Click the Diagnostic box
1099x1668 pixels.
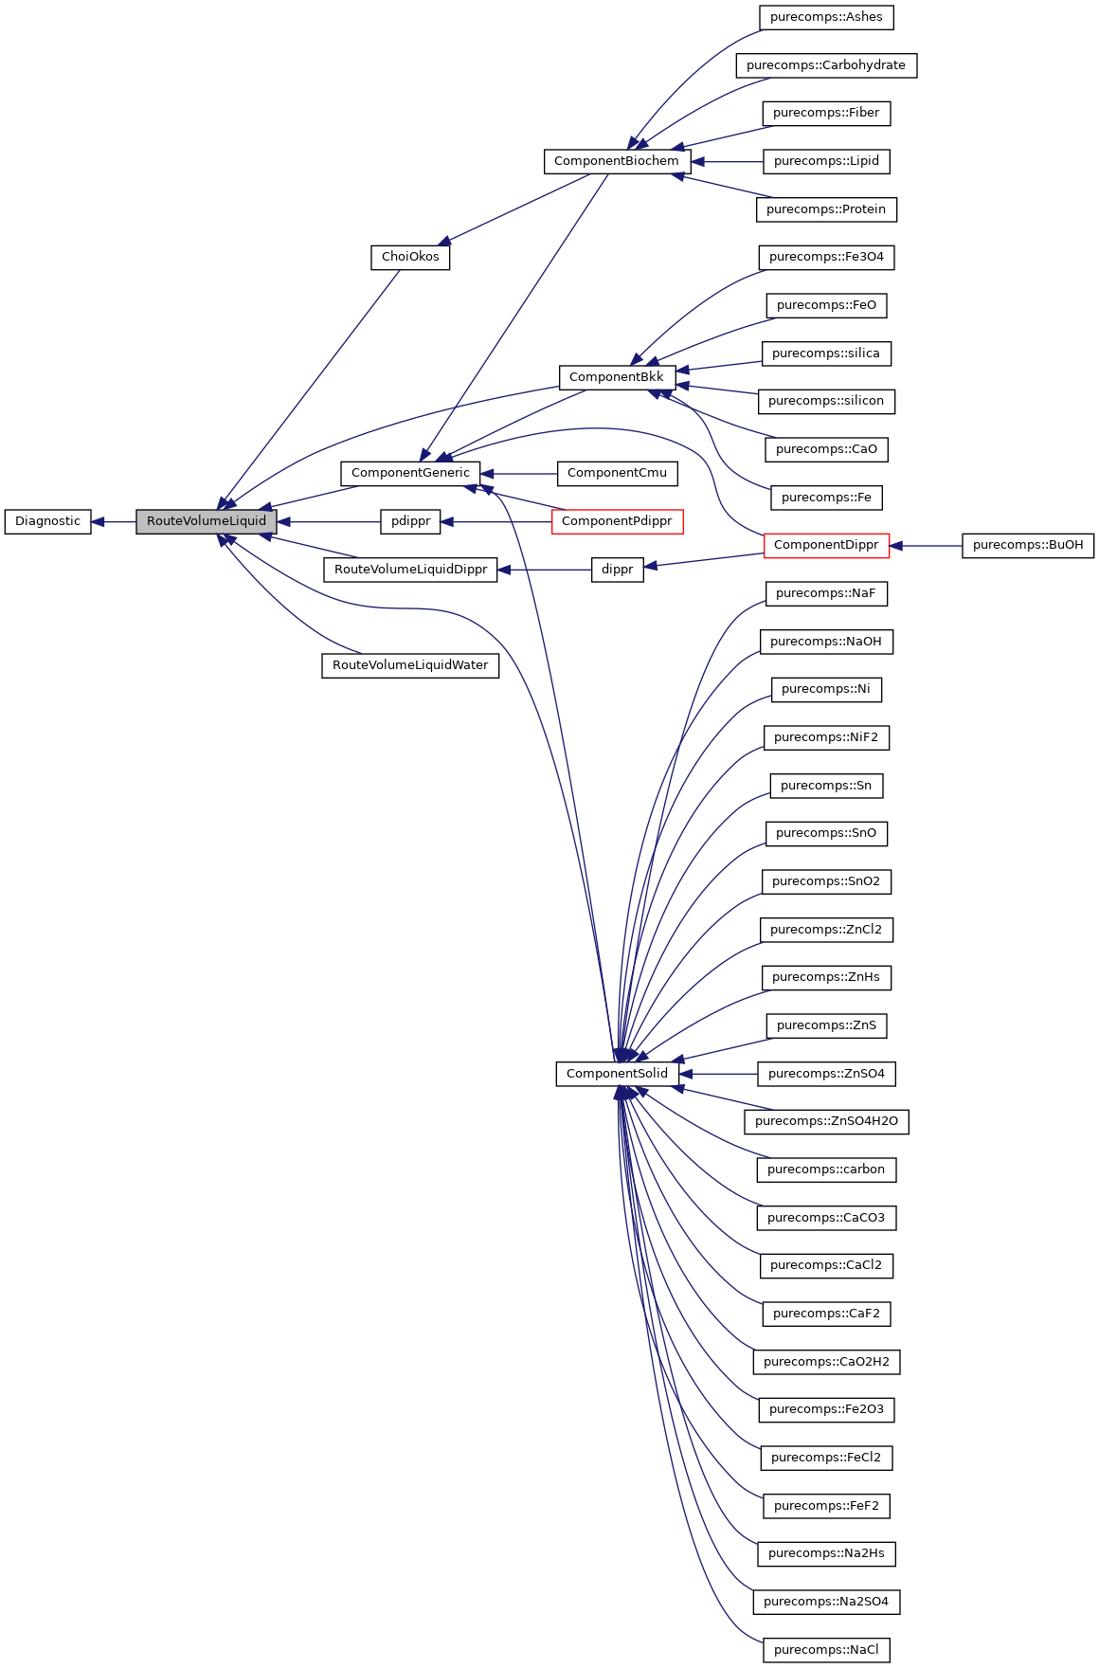[47, 521]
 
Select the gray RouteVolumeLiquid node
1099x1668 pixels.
[207, 521]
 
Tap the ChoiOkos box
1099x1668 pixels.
[410, 257]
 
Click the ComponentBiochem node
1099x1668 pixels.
[616, 161]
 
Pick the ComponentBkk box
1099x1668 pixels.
[617, 377]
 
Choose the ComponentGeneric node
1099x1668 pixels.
[410, 473]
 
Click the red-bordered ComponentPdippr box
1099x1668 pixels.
[617, 521]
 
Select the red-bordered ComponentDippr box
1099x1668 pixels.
[826, 545]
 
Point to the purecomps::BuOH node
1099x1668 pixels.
[1028, 545]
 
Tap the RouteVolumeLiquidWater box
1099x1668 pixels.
[410, 665]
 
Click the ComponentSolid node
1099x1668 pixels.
[617, 1074]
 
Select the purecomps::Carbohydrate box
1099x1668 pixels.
[826, 65]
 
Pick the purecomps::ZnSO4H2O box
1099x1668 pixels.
[826, 1121]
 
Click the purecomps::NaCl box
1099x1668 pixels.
[826, 1650]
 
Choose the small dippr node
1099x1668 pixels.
[617, 570]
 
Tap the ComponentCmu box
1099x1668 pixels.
[617, 473]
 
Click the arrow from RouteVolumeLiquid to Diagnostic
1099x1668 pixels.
[114, 521]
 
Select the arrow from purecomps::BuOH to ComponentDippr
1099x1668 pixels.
[926, 546]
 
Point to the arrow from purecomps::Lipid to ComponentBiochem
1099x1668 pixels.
[727, 162]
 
